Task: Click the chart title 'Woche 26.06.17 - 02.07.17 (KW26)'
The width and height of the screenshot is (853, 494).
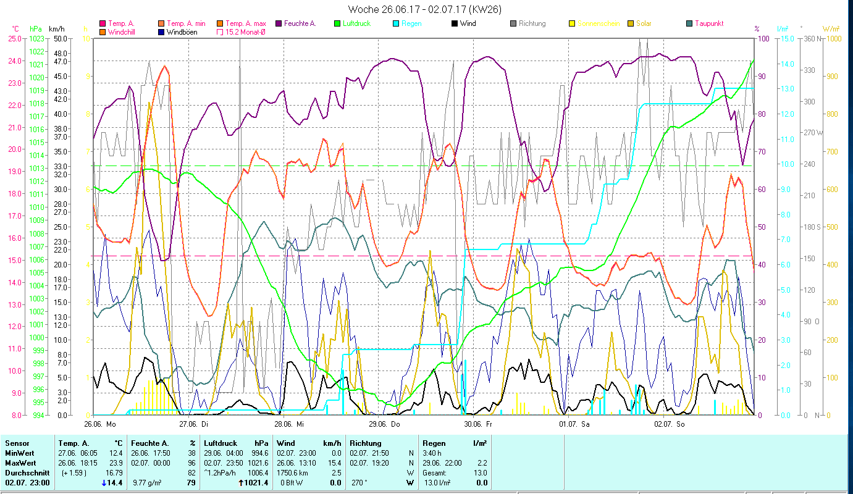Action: point(424,9)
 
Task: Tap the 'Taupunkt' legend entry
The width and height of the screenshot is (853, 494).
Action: point(708,23)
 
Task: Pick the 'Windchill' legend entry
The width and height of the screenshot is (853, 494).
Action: point(124,31)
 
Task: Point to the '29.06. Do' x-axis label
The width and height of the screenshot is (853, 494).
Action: point(384,424)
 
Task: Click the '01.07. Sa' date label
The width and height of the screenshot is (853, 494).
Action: point(574,424)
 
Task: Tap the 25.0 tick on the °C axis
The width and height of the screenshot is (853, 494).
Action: point(14,38)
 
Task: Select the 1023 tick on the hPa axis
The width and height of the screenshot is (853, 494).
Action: point(36,38)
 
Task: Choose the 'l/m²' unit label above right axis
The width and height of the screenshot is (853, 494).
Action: point(783,29)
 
